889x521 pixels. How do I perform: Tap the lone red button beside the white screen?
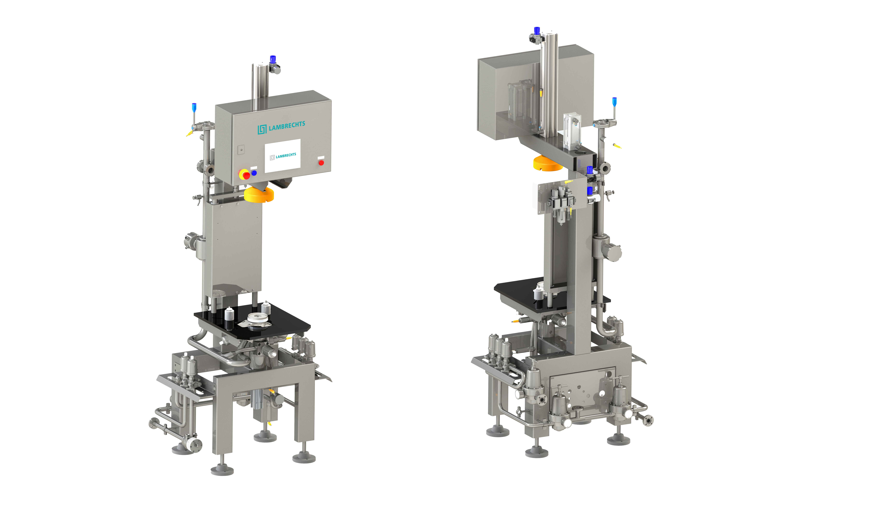click(321, 163)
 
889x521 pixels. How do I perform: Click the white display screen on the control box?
click(283, 156)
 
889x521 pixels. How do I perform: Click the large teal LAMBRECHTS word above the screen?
click(287, 126)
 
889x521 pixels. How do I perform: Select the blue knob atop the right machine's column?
click(537, 31)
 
